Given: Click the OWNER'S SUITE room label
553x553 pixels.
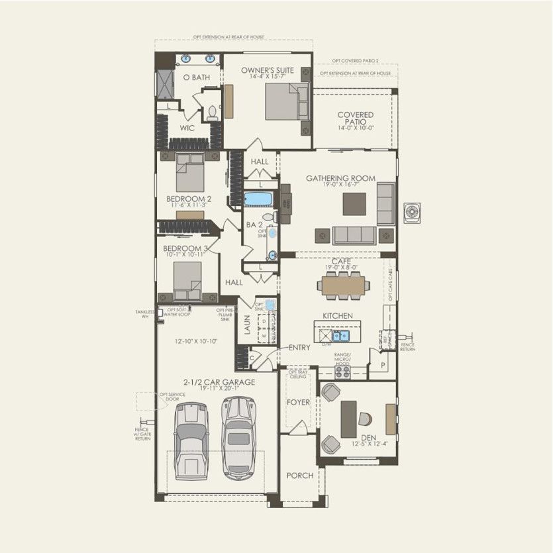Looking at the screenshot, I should point(267,70).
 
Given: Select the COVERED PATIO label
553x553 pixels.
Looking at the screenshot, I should point(356,119).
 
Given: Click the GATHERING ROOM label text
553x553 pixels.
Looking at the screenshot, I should point(340,178).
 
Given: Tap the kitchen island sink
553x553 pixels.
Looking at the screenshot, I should point(340,336).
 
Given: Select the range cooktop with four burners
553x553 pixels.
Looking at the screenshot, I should point(342,372).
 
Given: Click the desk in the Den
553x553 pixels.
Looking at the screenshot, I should point(349,419).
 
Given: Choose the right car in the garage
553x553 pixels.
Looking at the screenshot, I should point(238,436).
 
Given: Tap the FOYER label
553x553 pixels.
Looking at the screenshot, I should point(298,402).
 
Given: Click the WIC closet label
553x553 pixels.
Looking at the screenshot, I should point(187,128).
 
